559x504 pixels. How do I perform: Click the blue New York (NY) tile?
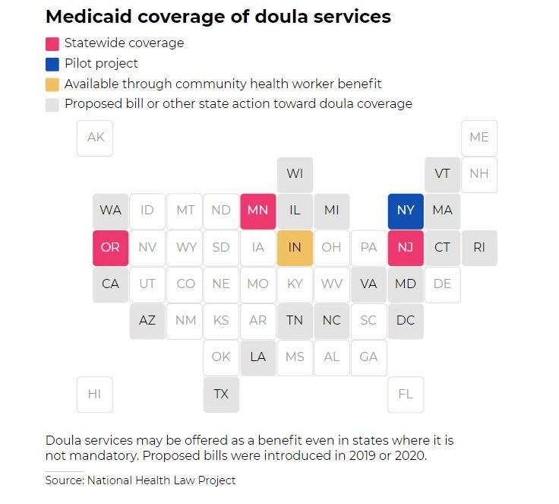tap(406, 211)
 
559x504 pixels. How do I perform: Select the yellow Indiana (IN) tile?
tap(295, 247)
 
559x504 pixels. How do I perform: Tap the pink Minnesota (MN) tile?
tap(257, 211)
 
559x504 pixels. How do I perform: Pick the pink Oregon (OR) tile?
tap(110, 247)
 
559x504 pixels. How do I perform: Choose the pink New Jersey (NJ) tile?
tap(406, 247)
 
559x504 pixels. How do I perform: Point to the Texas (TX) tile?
tap(221, 394)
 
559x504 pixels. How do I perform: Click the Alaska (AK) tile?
tap(95, 138)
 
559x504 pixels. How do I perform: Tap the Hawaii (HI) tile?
tap(95, 394)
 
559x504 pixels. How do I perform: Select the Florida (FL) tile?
tap(406, 394)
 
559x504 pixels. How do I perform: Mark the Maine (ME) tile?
tap(479, 138)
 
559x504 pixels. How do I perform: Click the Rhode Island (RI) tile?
tap(479, 247)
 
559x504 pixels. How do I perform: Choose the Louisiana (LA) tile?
tap(257, 357)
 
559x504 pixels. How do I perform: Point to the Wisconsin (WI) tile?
tap(295, 174)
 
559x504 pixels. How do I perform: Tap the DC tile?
tap(406, 320)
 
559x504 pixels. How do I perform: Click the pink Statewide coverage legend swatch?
tap(52, 44)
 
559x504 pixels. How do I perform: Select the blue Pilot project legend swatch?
tap(52, 64)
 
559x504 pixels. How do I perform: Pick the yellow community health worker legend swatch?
tap(52, 84)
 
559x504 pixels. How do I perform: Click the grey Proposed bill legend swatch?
tap(52, 104)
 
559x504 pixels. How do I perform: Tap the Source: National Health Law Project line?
tap(141, 480)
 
